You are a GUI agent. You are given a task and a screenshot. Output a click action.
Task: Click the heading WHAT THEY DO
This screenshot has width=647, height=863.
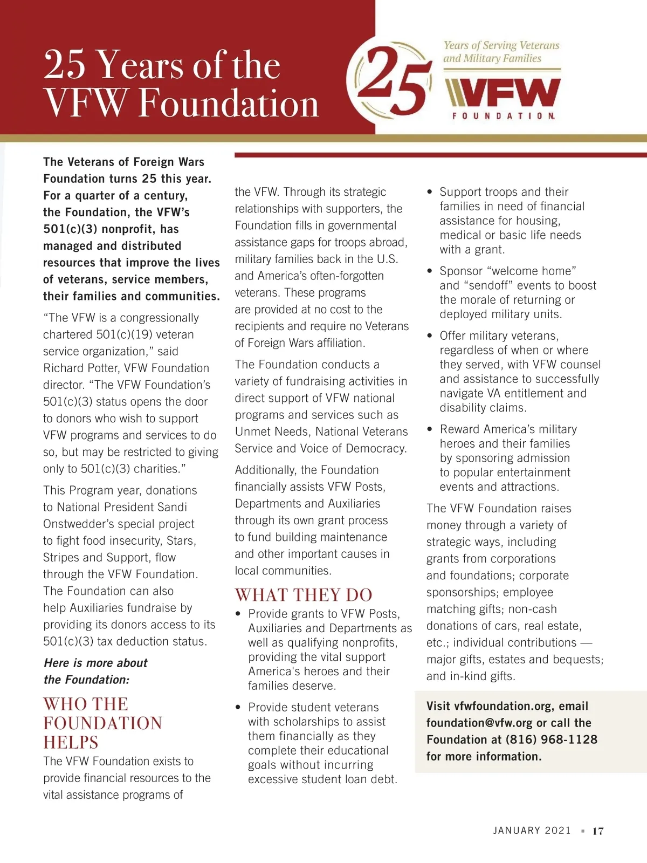[304, 595]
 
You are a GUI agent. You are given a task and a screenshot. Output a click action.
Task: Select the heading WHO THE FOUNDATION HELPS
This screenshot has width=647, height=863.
[102, 723]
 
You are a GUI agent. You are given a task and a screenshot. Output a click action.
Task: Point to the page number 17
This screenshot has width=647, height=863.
[598, 831]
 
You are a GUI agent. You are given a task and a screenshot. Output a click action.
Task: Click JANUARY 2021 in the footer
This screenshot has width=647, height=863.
[532, 831]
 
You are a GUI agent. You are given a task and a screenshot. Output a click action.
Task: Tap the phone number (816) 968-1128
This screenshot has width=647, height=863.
[551, 739]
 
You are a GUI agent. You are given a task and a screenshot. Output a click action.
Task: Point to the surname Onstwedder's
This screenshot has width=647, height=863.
[81, 524]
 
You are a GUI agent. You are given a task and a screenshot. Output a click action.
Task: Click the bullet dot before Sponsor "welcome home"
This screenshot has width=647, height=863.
[430, 271]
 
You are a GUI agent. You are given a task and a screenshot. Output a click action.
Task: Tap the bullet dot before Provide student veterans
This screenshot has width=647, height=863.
[238, 707]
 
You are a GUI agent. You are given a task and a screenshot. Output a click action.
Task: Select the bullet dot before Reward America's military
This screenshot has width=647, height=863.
[430, 429]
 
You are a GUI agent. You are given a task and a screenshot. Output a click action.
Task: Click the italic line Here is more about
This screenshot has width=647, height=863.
[95, 663]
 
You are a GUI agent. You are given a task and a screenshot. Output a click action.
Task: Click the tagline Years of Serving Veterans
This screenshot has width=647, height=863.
[501, 45]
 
